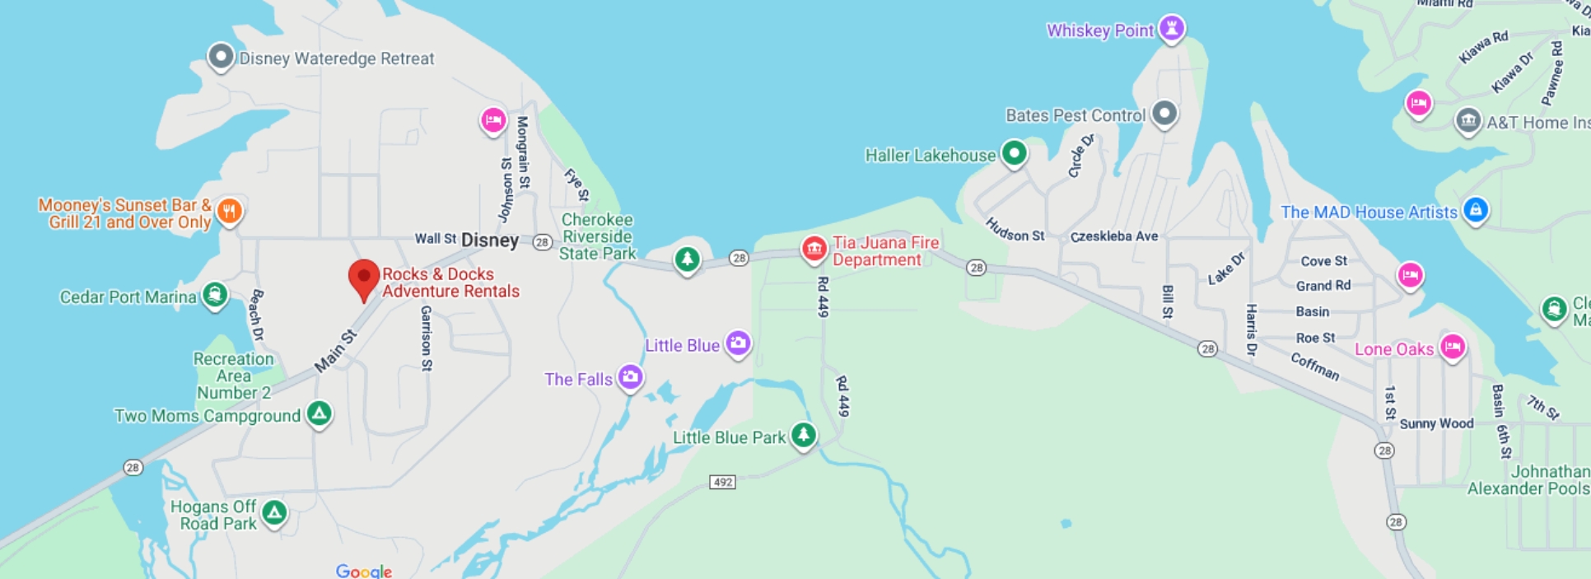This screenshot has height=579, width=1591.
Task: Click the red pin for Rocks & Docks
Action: pos(363,278)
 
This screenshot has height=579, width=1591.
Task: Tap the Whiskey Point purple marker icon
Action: pos(1171,27)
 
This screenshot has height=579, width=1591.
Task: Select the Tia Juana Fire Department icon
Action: pos(814,248)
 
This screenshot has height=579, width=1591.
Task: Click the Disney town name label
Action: pos(490,240)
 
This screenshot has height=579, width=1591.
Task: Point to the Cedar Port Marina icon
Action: pos(215,294)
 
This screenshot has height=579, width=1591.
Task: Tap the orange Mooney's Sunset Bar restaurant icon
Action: pos(230,211)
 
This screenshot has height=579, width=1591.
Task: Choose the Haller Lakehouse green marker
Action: pos(1014,153)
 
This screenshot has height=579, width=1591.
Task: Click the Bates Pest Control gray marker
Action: pos(1164,113)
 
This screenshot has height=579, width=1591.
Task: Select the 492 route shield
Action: pos(722,482)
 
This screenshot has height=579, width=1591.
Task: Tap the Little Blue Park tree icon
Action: pos(803,434)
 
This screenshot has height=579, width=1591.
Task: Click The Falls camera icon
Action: pos(631,377)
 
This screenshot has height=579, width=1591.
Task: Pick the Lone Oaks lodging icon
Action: pos(1453,347)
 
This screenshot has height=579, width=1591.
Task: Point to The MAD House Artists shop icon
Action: pos(1475,209)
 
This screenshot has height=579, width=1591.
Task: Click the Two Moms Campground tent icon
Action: pos(319,413)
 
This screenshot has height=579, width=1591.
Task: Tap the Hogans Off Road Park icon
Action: pos(274,513)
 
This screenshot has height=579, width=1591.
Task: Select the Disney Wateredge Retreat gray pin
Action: pos(221,57)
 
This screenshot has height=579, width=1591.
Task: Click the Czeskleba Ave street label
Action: pos(1113,236)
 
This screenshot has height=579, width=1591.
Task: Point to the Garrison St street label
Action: pos(426,338)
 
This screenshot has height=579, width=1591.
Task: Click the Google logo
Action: pos(363,571)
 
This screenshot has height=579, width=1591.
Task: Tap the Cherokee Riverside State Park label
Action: pos(597,236)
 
